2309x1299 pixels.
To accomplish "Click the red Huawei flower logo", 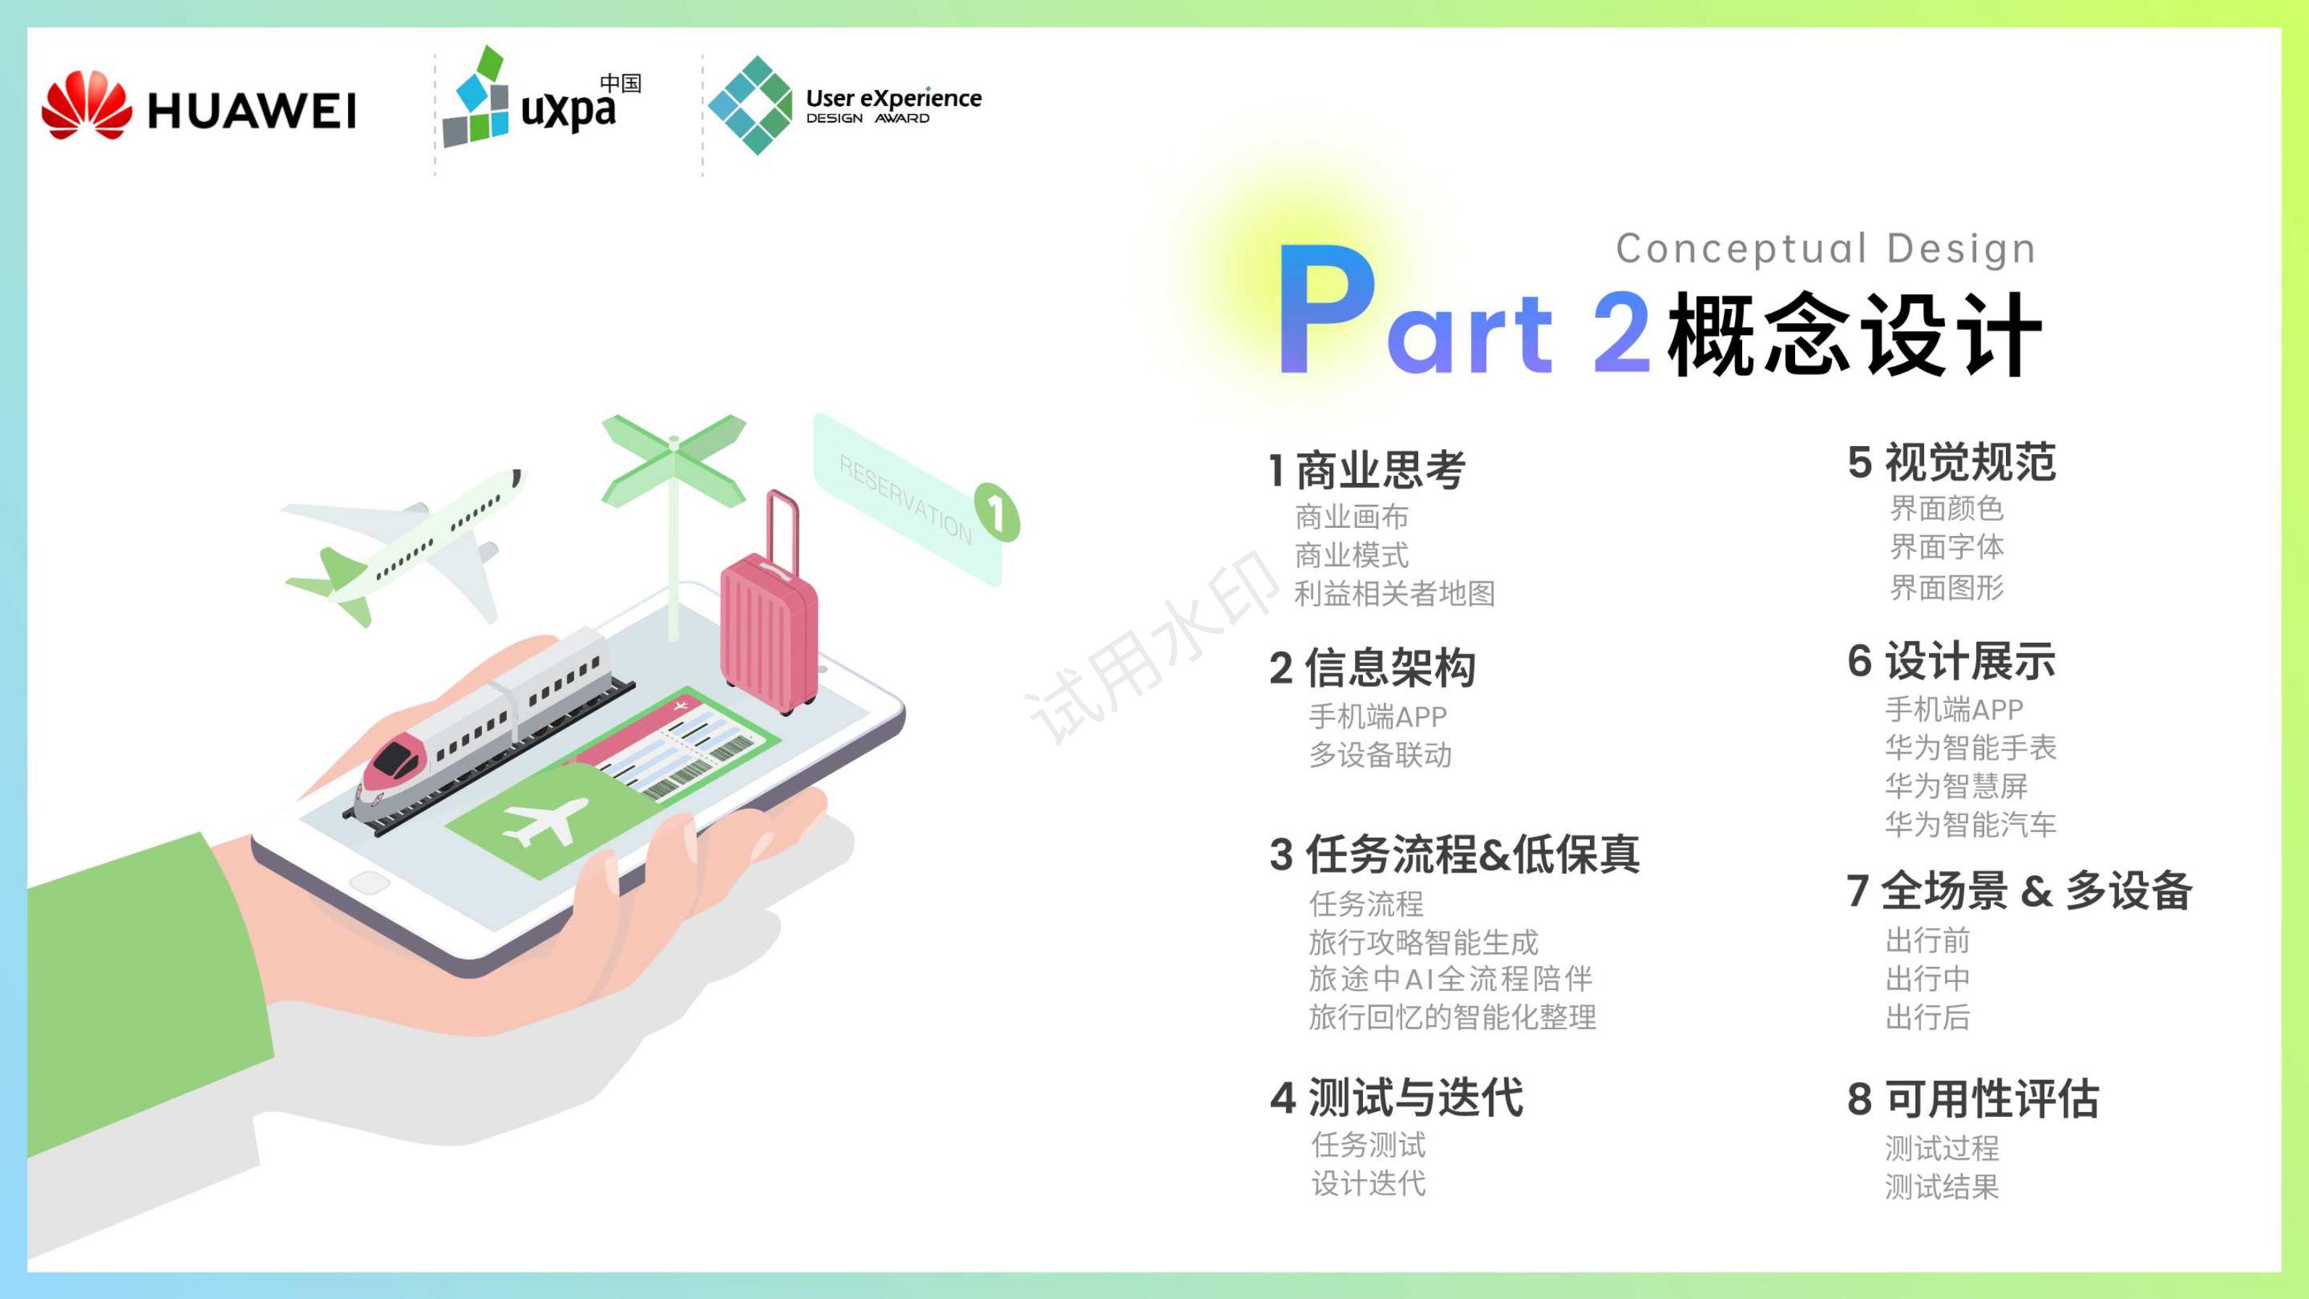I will click(x=86, y=106).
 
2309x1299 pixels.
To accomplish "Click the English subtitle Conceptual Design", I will click(x=1825, y=248).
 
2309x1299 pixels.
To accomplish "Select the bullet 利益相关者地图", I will click(x=1394, y=593).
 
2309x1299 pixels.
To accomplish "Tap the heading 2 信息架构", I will click(x=1372, y=668).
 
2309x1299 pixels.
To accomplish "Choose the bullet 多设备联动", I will click(x=1380, y=755).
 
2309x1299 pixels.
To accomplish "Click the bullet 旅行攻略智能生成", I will click(x=1422, y=942).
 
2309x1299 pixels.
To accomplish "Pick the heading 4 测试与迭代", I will click(x=1396, y=1097).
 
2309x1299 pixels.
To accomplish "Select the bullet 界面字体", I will click(x=1946, y=547).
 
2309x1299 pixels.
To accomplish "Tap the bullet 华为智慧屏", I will click(x=1956, y=786).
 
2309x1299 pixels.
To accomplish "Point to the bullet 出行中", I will click(x=1927, y=979).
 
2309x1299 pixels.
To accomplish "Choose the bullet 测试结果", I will click(x=1941, y=1187).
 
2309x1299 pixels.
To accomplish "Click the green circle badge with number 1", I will click(x=996, y=513).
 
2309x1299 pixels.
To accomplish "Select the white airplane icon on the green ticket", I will click(x=544, y=822).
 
